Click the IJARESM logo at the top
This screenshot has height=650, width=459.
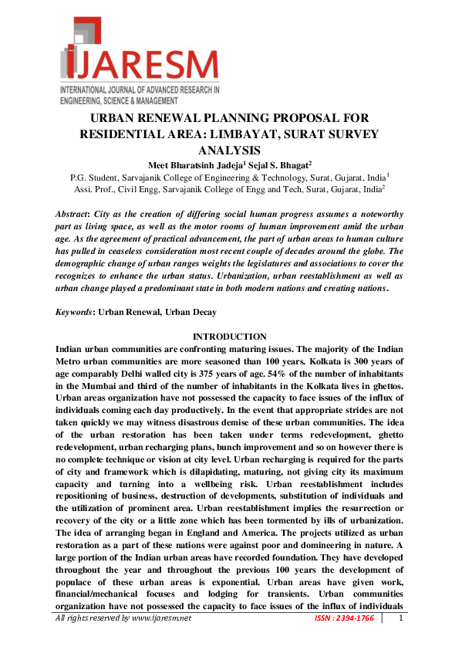[x=140, y=59]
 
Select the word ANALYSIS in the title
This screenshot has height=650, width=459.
[x=228, y=149]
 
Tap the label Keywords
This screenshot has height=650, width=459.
[x=75, y=313]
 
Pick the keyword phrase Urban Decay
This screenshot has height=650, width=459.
[x=196, y=313]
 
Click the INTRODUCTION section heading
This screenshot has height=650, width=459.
[x=229, y=337]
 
